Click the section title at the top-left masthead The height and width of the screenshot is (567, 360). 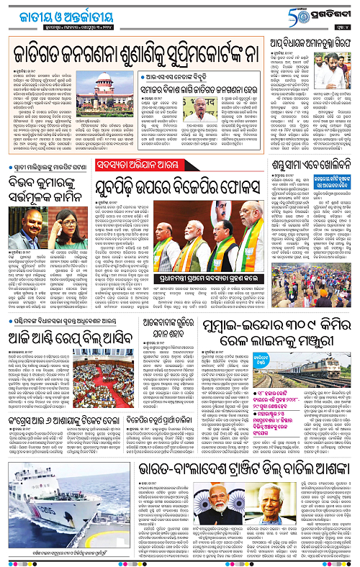coord(54,12)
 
